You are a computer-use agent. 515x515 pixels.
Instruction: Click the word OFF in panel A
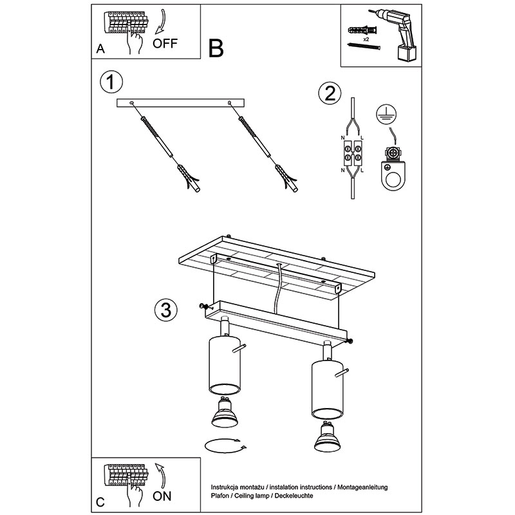(x=165, y=43)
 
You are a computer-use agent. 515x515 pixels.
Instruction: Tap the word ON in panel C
(x=162, y=496)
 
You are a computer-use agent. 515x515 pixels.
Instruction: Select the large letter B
(x=216, y=49)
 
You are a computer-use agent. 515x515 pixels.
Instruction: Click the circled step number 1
(x=111, y=82)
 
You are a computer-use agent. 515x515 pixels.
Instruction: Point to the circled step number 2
(x=330, y=93)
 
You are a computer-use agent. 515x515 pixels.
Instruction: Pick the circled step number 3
(x=166, y=310)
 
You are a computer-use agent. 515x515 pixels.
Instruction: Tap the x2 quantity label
(x=366, y=39)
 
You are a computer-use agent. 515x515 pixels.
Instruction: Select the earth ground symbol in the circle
(x=386, y=115)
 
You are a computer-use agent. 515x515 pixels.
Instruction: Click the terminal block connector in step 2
(x=352, y=153)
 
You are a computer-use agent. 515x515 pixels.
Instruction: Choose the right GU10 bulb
(x=327, y=436)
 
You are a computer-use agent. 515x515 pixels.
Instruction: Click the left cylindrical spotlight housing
(x=225, y=364)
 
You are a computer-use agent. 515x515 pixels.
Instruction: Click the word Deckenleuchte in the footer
(x=294, y=496)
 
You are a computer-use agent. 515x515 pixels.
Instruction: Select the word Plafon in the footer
(x=220, y=496)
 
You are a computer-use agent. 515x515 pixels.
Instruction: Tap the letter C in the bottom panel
(x=100, y=502)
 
